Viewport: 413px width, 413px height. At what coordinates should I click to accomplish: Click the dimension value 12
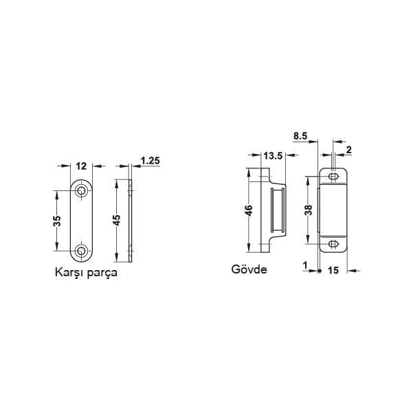point(82,165)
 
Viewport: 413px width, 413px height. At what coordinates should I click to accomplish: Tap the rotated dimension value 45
point(117,221)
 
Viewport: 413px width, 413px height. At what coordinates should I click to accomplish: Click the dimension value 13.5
point(274,156)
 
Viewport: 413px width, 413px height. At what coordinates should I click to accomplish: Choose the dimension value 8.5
point(300,137)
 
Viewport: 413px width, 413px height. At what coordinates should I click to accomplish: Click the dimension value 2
point(349,149)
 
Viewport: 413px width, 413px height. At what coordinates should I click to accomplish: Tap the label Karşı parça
point(87,272)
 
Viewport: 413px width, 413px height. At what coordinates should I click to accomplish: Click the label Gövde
point(249,269)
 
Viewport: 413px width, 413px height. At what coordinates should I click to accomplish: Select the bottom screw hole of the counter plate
point(82,251)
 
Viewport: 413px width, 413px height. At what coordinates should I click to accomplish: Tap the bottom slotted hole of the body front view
point(333,243)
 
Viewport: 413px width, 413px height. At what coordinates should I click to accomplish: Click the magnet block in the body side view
point(276,211)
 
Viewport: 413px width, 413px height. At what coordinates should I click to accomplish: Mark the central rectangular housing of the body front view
point(333,210)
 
